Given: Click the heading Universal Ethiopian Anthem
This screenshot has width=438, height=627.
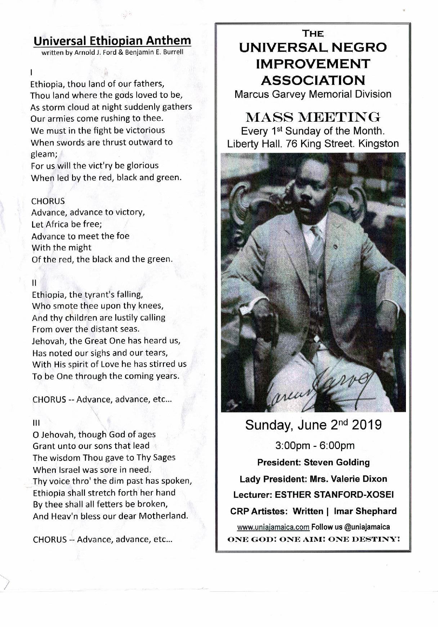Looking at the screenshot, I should tap(112, 41).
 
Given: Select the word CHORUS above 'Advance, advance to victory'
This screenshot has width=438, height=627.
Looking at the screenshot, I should tap(48, 201).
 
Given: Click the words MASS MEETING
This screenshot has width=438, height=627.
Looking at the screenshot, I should tap(313, 117).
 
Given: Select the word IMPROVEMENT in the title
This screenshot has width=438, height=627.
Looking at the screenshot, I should tap(313, 63).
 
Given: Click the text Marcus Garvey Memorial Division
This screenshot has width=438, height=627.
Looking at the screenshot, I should tap(313, 94).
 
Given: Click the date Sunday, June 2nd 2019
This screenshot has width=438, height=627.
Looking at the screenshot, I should tap(313, 425).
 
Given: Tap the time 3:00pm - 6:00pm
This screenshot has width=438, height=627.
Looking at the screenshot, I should tap(315, 445).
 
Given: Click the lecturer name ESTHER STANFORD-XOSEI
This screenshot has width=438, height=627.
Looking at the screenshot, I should tap(334, 495).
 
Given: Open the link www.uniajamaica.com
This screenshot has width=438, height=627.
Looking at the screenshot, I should tap(273, 527).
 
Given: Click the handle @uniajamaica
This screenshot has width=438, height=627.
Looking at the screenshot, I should tap(367, 527).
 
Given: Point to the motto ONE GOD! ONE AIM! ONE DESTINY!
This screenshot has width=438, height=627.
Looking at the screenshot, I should tap(313, 539).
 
